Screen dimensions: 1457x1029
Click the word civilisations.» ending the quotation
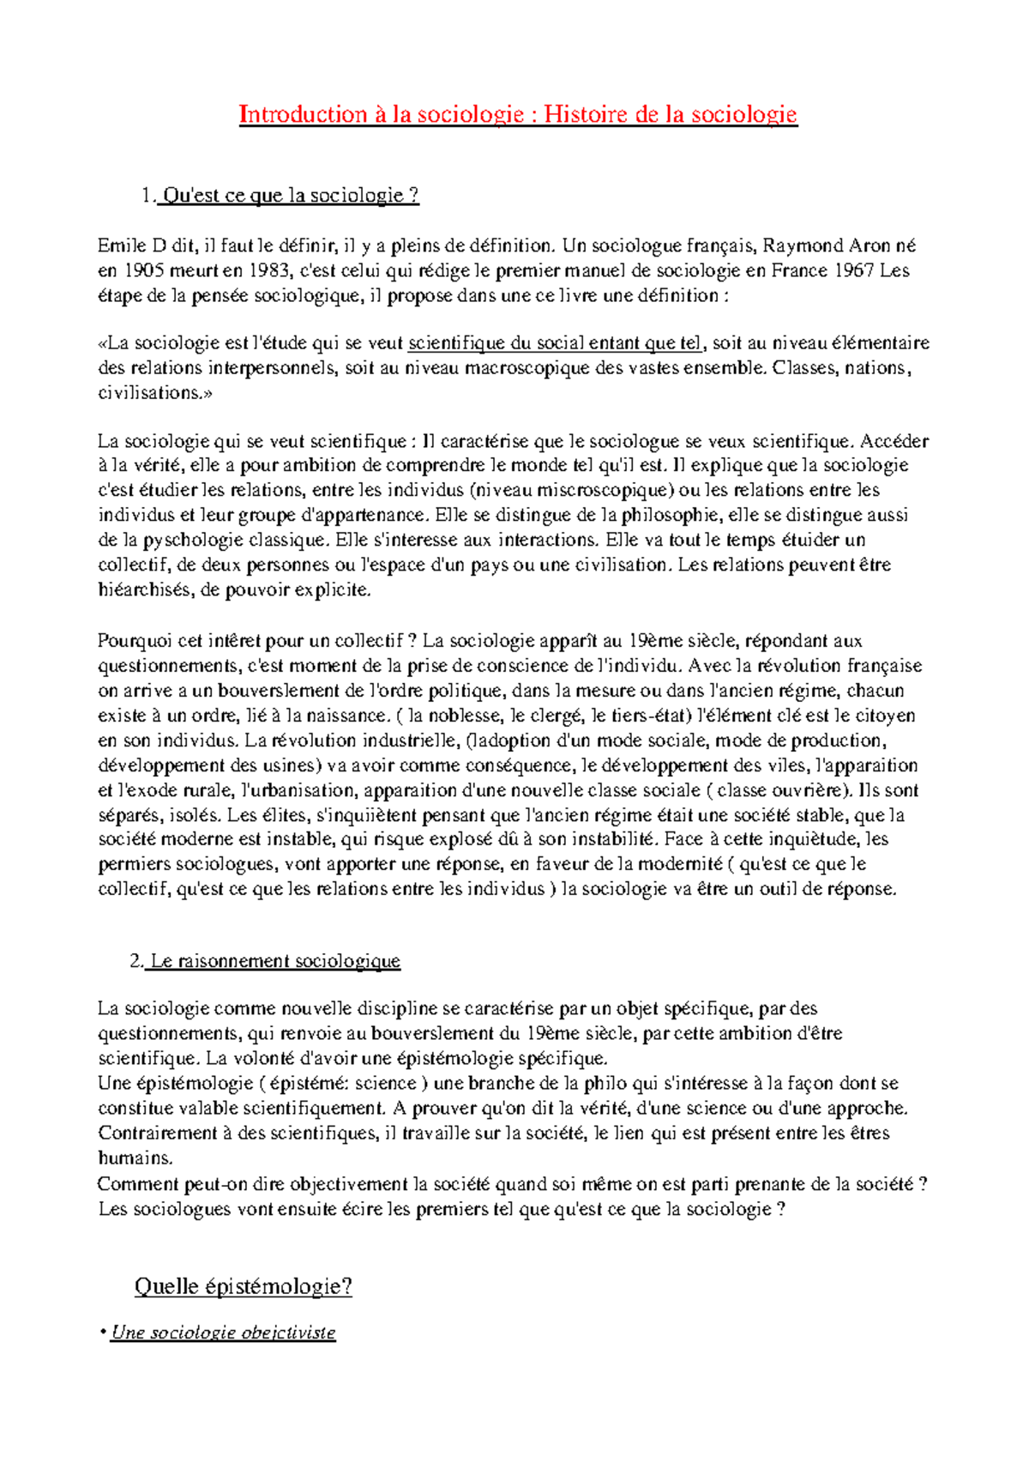(x=154, y=393)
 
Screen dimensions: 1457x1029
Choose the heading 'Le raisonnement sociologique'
(x=274, y=961)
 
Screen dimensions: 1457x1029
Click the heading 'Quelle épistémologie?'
(x=244, y=1286)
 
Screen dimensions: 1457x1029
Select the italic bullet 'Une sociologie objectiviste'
(x=223, y=1333)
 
